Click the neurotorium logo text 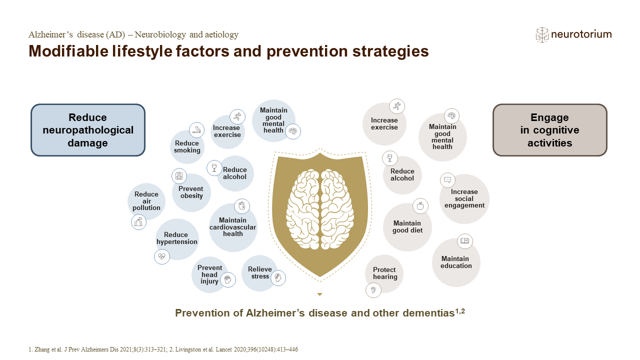click(581, 34)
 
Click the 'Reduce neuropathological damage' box click(88, 130)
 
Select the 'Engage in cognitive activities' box click(549, 130)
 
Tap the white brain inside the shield click(320, 209)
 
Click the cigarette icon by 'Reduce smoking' click(196, 130)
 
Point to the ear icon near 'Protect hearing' click(373, 290)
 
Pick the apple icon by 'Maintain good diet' click(420, 206)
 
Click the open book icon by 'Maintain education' click(465, 241)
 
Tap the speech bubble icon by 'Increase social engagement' click(447, 180)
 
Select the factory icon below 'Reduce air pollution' click(138, 222)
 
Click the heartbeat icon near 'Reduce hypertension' click(161, 256)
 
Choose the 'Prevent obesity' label click(191, 192)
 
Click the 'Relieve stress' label click(259, 273)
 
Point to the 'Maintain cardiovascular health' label click(233, 227)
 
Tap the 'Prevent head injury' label click(209, 274)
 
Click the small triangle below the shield click(319, 294)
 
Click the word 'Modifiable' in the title click(68, 51)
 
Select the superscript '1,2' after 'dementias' click(460, 311)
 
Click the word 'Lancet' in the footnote click(224, 349)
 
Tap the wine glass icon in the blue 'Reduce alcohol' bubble click(214, 167)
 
